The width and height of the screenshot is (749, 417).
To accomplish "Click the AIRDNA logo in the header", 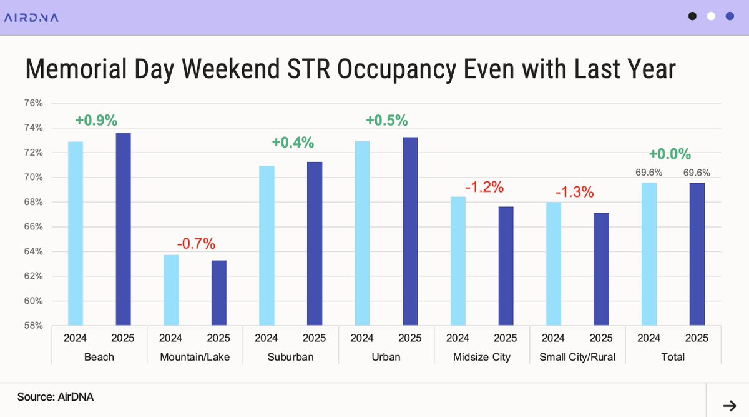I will point(31,18).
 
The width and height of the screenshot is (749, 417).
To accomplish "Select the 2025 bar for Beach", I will point(123,229).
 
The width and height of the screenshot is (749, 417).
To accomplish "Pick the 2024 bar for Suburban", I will point(267,245).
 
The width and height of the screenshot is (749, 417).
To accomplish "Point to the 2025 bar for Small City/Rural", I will point(601,269).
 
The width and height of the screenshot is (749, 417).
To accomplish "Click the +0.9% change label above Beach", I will point(96,120).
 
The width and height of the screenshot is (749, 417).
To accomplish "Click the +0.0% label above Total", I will point(670,154).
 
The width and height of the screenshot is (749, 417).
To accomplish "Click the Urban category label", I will point(386,357).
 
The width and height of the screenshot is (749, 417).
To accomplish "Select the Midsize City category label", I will point(481,357).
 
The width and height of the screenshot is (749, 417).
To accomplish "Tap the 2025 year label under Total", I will point(697,339).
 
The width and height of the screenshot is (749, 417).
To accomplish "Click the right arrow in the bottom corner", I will point(728,404).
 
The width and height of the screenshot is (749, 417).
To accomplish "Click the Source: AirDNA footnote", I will point(56,396).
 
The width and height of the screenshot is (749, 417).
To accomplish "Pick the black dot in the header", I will point(692,17).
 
